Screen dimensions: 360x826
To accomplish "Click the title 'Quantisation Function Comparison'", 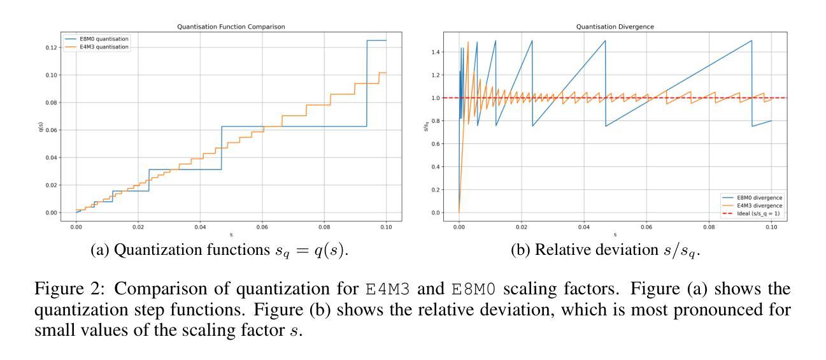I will click(231, 27).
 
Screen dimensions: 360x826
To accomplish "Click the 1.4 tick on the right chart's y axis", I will click(436, 52).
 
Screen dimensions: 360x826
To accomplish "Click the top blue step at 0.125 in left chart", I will click(376, 41).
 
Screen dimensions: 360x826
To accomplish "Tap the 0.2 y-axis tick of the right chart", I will click(436, 189).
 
